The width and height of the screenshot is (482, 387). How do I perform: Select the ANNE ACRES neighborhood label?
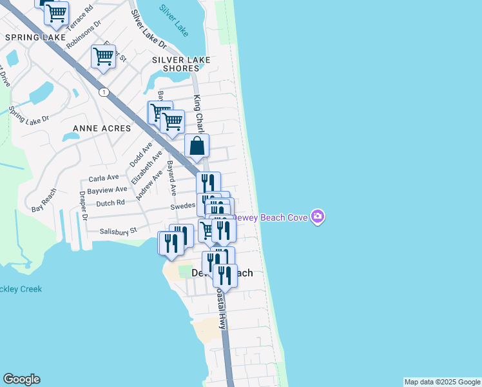[x=102, y=128]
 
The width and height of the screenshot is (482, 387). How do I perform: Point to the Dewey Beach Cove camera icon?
[x=317, y=217]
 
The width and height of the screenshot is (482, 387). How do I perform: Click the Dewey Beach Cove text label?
[x=271, y=217]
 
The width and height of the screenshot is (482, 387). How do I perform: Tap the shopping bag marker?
[x=197, y=147]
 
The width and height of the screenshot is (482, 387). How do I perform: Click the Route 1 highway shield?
[x=103, y=92]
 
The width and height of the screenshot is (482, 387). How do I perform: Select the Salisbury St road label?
[x=119, y=230]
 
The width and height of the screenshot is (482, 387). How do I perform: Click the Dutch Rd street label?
[x=111, y=203]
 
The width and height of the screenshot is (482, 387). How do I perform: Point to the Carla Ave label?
[x=104, y=177]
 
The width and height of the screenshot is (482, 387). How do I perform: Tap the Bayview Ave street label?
[x=107, y=190]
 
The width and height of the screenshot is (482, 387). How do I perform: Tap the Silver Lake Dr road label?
[x=149, y=30]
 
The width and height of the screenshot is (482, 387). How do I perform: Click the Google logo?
[x=21, y=379]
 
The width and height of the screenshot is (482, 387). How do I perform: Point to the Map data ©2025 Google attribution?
[x=443, y=382]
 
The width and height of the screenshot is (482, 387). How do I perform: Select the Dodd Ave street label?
[x=137, y=155]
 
